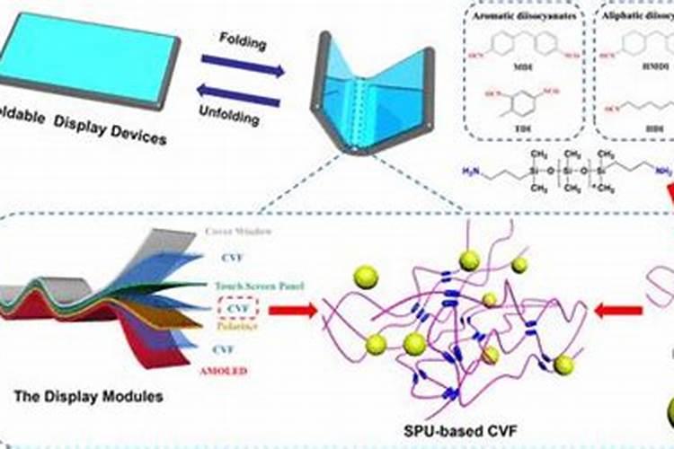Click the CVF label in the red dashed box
click(x=237, y=307)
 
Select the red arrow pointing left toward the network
click(x=620, y=311)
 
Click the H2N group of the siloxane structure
click(x=470, y=170)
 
